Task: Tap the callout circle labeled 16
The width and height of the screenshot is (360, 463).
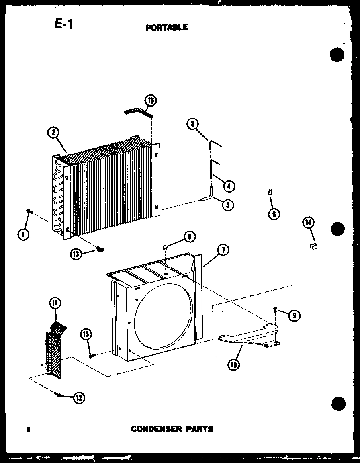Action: (x=151, y=101)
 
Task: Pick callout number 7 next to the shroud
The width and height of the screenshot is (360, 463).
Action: (x=223, y=250)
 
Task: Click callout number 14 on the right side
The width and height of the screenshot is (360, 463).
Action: (x=309, y=223)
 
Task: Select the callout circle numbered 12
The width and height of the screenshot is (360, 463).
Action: (x=79, y=398)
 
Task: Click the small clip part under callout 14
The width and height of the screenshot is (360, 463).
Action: (x=314, y=246)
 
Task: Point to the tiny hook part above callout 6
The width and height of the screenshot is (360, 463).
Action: (x=271, y=193)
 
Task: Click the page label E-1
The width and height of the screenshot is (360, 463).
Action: (x=64, y=25)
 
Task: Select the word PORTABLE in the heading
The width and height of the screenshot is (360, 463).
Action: (x=166, y=27)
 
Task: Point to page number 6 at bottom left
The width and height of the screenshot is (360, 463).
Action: (x=29, y=430)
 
